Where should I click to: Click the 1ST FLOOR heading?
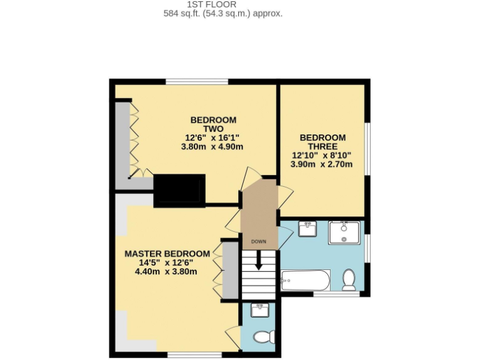211,4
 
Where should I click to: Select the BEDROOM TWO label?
212,124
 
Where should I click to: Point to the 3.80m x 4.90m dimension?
211,147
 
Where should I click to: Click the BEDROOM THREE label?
322,142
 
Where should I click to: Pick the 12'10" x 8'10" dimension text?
322,155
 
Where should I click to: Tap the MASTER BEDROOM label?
167,253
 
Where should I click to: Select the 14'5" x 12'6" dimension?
166,262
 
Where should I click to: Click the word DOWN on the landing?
258,241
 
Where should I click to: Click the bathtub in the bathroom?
305,281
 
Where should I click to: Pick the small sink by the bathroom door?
306,229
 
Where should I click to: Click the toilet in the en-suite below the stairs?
265,337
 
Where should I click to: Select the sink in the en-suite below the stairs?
259,309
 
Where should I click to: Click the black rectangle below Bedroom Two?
179,189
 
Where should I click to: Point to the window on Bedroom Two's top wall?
196,81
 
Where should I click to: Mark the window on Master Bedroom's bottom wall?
194,355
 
